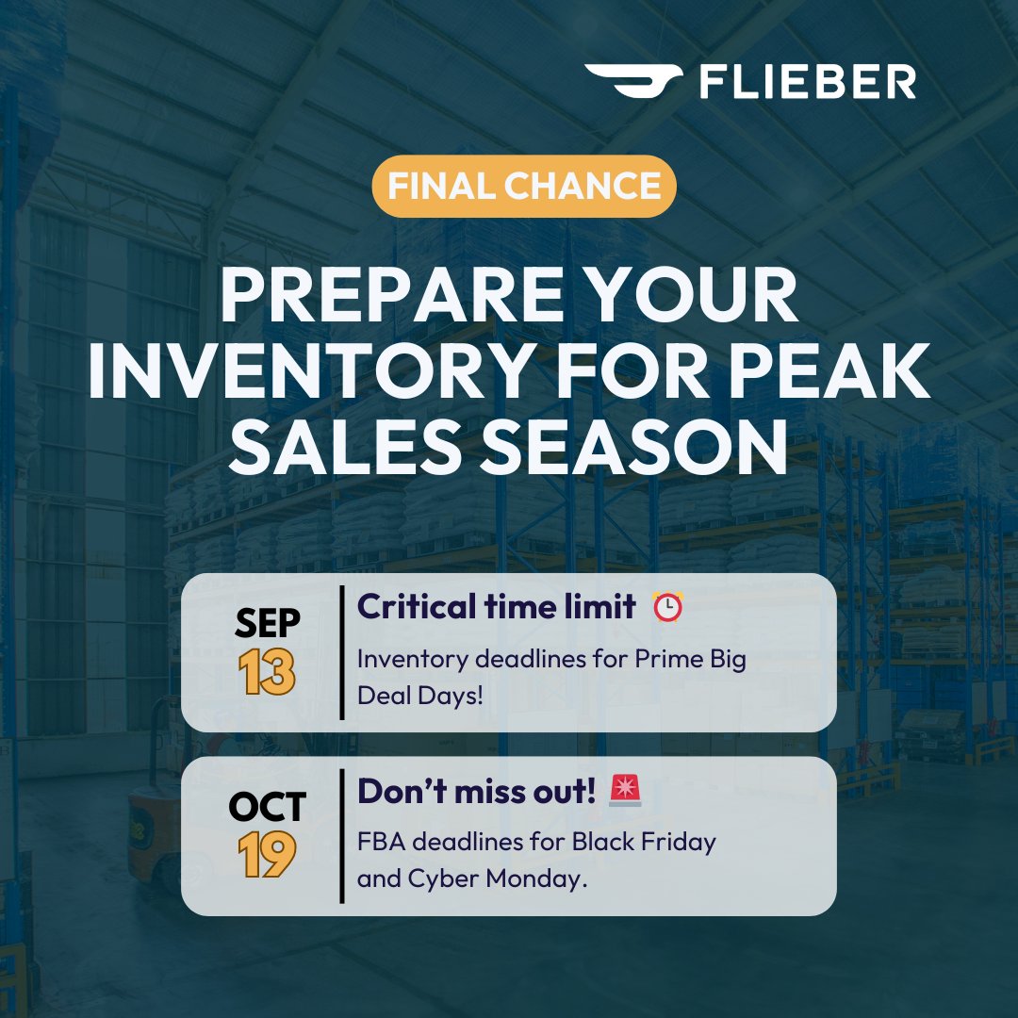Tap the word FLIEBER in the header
pos(807,82)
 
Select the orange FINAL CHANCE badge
pos(524,186)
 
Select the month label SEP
pos(268,624)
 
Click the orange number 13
pos(267,673)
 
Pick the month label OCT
pos(268,807)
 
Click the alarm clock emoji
pos(668,608)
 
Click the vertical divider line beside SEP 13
pos(340,652)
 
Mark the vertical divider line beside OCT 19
pos(340,836)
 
